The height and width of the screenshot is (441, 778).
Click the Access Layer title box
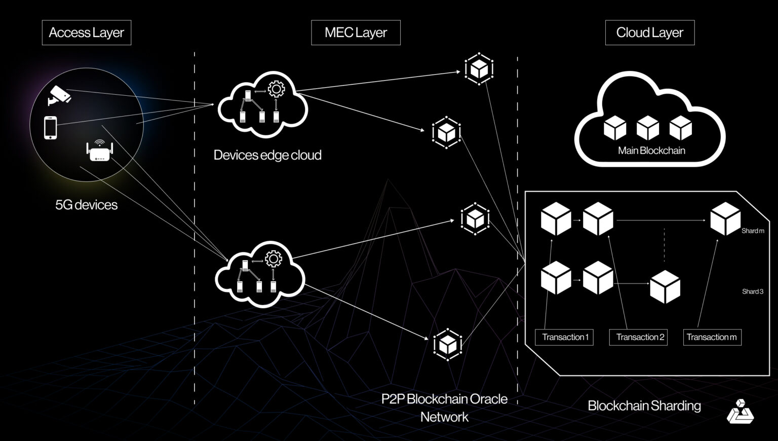[86, 33]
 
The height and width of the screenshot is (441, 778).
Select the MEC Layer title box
[356, 33]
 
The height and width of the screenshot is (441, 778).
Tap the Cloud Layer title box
[649, 33]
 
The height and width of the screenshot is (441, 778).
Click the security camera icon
[60, 95]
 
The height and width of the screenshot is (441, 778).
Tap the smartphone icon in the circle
[50, 127]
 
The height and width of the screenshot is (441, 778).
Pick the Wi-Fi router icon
[99, 150]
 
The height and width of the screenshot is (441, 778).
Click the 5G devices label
[86, 205]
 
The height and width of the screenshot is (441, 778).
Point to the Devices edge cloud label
[267, 155]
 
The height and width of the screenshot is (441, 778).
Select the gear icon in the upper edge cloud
[276, 89]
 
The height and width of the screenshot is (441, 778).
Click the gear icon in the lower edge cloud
[274, 259]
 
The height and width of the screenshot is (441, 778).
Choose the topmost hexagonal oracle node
[479, 68]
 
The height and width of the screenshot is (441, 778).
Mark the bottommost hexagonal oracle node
[447, 345]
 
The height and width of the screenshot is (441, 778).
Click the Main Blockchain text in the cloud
[651, 151]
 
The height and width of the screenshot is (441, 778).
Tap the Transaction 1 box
[565, 337]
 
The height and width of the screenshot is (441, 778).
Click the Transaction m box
[712, 337]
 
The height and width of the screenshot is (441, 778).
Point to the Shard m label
[753, 231]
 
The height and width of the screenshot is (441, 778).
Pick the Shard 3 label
[753, 291]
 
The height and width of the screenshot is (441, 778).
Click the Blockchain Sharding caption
[644, 406]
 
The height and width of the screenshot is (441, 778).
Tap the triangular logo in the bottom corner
[740, 411]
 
